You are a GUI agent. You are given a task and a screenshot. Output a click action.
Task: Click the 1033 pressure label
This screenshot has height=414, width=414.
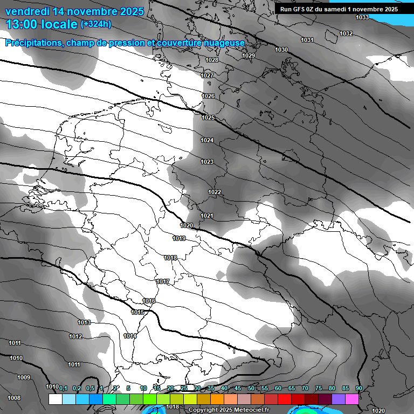362,17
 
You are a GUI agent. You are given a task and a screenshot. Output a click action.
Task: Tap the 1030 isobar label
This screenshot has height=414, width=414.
281,50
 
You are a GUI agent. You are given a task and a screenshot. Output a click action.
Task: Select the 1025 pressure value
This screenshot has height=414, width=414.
208,118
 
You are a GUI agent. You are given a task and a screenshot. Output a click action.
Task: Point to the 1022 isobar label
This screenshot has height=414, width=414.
215,192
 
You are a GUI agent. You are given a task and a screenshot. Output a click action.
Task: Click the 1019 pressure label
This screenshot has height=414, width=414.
180,238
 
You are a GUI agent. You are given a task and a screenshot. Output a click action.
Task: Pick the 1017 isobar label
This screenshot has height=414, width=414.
163,281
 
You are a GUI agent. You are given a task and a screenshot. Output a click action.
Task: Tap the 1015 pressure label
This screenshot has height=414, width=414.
137,312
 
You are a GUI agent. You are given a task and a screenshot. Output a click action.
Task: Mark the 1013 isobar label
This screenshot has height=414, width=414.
84,322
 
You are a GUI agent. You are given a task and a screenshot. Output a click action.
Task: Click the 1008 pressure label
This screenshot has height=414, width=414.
15,398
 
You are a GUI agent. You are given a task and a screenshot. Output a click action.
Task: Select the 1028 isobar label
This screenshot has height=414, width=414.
212,60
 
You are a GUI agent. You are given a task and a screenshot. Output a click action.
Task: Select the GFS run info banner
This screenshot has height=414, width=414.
339,9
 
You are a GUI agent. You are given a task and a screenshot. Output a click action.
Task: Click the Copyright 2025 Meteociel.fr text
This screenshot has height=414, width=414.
229,410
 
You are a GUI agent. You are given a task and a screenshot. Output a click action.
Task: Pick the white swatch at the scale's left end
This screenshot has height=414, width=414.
55,399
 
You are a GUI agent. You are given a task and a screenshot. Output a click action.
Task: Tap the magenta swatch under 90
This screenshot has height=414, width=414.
352,399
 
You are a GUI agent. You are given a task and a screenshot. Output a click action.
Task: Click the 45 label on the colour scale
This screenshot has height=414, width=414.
238,388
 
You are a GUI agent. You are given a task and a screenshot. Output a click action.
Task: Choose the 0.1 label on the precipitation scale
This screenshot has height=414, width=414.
63,388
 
